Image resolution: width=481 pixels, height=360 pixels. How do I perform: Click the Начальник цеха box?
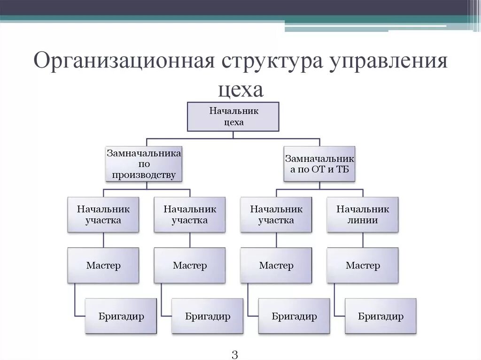click(x=233, y=116)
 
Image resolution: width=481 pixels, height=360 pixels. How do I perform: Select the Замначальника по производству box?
click(x=143, y=164)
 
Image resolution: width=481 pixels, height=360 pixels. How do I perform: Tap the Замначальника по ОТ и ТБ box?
click(x=319, y=164)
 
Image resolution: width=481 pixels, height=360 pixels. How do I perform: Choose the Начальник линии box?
click(x=363, y=214)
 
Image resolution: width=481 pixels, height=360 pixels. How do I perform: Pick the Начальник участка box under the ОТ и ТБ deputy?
click(x=276, y=214)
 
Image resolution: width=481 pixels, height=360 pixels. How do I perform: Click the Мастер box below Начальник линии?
click(x=363, y=266)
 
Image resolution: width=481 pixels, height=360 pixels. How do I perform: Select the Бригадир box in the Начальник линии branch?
click(x=380, y=316)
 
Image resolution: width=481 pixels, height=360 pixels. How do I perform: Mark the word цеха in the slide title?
click(x=240, y=89)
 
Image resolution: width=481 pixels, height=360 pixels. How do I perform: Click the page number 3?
click(x=235, y=353)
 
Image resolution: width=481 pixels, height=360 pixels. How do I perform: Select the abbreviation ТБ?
click(x=341, y=169)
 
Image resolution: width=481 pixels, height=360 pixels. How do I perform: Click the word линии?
click(x=363, y=220)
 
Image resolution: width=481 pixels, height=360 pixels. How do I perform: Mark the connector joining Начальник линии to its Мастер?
click(x=363, y=240)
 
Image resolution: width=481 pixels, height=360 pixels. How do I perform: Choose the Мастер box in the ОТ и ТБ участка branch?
click(x=276, y=266)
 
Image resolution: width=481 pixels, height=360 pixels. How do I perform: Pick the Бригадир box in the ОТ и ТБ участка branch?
click(x=294, y=316)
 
